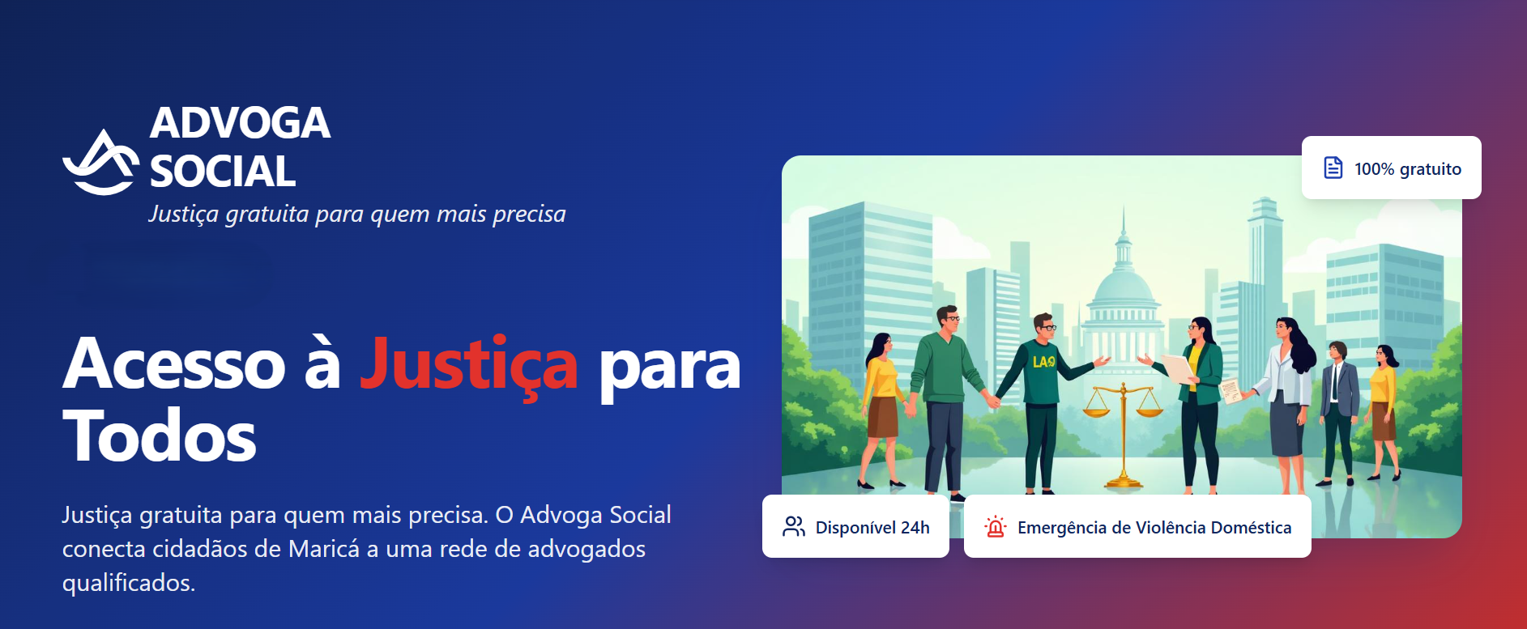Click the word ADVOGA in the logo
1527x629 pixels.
[240, 123]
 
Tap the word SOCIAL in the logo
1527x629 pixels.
[223, 172]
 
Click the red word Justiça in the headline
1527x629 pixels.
[468, 365]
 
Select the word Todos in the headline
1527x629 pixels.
[160, 436]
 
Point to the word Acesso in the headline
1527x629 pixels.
[174, 365]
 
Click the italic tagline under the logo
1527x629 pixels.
[356, 214]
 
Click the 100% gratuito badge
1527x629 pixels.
[1391, 168]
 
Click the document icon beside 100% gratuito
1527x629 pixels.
[1333, 168]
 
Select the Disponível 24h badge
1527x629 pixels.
[855, 527]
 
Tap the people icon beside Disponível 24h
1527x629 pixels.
[793, 527]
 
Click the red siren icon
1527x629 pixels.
[995, 527]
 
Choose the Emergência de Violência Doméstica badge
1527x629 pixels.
[1137, 527]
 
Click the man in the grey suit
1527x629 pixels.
[1337, 405]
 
